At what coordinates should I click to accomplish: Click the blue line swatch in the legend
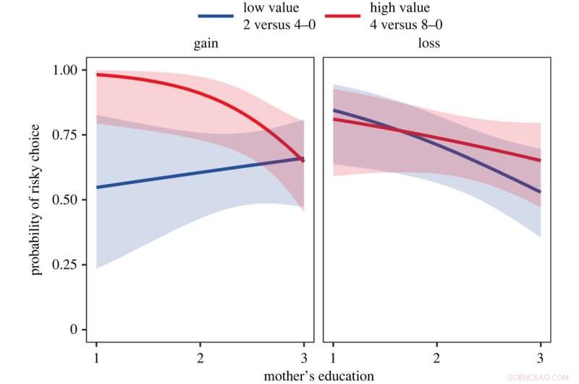tap(215, 14)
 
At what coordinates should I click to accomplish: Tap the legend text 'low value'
tap(267, 7)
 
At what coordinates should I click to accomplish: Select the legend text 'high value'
tap(400, 7)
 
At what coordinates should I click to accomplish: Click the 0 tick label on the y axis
tap(72, 330)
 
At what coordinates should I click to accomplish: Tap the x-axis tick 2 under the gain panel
tap(199, 359)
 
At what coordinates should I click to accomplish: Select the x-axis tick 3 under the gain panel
tap(303, 359)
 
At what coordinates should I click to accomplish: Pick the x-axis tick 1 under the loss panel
tap(333, 359)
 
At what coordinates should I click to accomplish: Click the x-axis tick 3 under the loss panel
tap(540, 359)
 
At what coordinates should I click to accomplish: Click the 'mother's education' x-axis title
tap(318, 375)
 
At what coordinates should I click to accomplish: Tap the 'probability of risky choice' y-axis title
tap(35, 200)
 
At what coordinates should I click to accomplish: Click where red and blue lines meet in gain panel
tap(302, 159)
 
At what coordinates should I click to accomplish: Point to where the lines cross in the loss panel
tap(400, 130)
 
